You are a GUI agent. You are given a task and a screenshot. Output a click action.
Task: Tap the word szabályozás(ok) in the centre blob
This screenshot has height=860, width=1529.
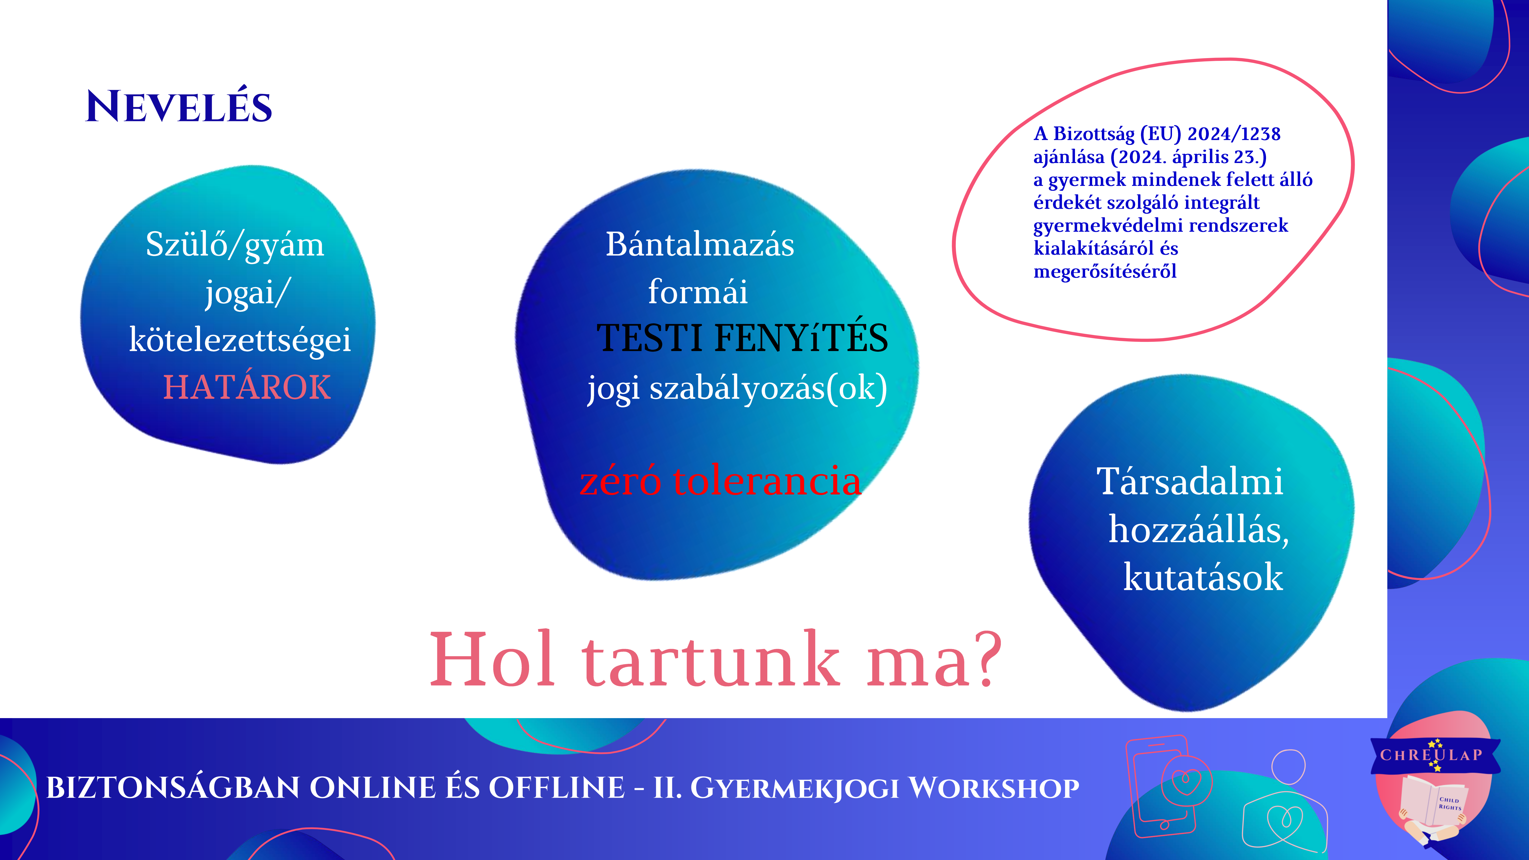769,389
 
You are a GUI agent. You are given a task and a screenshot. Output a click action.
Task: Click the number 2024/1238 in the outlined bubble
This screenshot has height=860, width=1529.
1234,133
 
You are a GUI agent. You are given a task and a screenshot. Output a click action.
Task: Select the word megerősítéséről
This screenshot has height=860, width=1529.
1105,271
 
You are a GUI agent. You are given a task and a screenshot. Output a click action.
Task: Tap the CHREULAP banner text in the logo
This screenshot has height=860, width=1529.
1431,755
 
